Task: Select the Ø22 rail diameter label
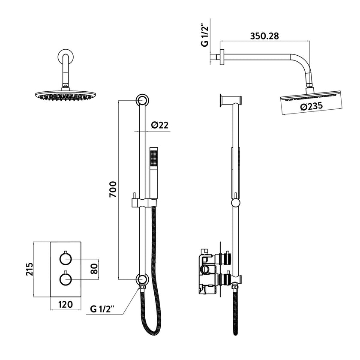pyautogui.click(x=160, y=125)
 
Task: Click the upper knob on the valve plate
pyautogui.click(x=65, y=258)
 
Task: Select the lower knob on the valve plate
pyautogui.click(x=65, y=279)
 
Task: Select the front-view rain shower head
pyautogui.click(x=65, y=95)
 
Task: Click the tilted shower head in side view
pyautogui.click(x=311, y=96)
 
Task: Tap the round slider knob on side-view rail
pyautogui.click(x=235, y=202)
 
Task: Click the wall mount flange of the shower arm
pyautogui.click(x=222, y=57)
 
